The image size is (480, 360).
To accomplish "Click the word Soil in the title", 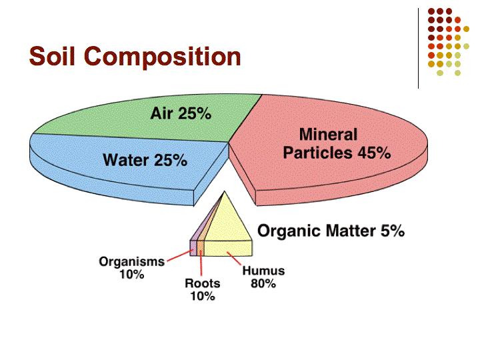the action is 52,56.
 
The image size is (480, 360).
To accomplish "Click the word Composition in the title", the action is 162,57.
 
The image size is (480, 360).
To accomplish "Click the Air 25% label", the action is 181,113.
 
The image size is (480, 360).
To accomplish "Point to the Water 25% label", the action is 145,160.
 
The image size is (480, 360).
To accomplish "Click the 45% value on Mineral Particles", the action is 375,153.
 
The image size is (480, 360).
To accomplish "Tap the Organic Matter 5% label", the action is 331,231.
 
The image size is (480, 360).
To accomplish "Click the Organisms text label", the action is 131,262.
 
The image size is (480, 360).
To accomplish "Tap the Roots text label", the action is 203,283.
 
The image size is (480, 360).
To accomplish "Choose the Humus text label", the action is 263,271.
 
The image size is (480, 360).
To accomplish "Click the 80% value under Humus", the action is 263,284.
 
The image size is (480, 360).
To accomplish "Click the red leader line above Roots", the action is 201,263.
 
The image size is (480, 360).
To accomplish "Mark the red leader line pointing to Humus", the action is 234,259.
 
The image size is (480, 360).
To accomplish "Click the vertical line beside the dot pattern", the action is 418,49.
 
